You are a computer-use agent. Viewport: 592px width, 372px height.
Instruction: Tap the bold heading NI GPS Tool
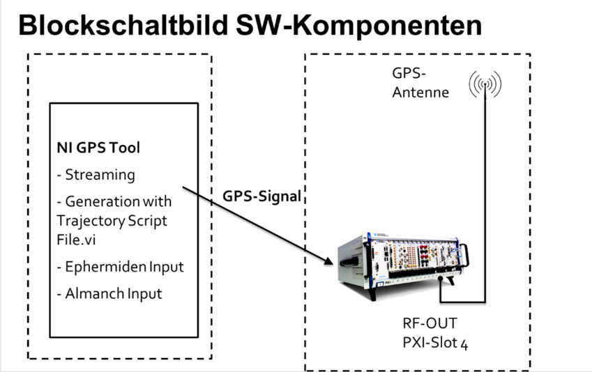[98, 148]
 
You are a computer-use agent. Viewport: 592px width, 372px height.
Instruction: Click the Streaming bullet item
[96, 175]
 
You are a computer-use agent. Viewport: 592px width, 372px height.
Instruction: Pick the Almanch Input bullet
[109, 293]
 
